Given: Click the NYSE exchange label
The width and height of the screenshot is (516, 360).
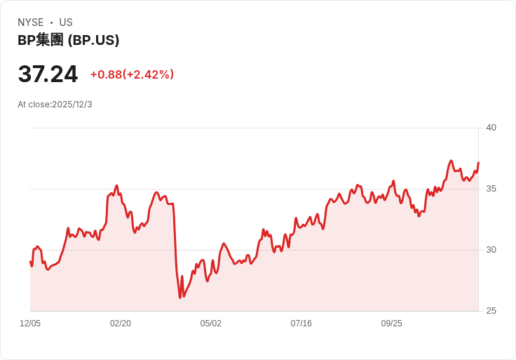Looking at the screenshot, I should [x=31, y=22].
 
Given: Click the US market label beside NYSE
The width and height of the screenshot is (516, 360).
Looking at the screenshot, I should [x=66, y=22].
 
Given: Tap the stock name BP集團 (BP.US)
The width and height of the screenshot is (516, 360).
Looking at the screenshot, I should [x=68, y=40].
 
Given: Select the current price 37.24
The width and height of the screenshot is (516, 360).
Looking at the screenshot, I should [x=48, y=74].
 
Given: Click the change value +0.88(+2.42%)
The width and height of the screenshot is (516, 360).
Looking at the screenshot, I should [x=132, y=74].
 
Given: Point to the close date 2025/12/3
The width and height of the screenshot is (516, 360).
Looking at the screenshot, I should [x=72, y=105].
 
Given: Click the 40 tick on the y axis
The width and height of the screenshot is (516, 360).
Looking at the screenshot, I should [x=491, y=128].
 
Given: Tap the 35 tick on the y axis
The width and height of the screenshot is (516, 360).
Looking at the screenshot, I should [x=491, y=189].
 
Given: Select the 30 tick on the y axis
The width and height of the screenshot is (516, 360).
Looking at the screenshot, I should [x=491, y=250].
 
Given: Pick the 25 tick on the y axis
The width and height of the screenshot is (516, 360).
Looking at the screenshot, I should [x=491, y=311].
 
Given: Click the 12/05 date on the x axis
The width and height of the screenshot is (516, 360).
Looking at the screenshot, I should [x=30, y=324].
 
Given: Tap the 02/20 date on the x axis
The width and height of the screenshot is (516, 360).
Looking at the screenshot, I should [x=121, y=324].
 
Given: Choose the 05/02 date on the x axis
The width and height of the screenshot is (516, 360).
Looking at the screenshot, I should [x=211, y=324].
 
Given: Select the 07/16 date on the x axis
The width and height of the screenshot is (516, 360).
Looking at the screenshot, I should [x=301, y=324].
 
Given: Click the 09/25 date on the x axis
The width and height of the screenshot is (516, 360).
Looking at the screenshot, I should [x=392, y=324].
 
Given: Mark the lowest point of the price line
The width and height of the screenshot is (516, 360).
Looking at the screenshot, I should [x=180, y=298].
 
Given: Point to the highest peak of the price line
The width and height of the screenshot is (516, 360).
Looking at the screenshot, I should [x=451, y=161].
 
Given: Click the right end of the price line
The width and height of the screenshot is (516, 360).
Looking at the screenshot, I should [x=478, y=163].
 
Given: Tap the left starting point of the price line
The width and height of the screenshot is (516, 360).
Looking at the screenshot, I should [x=30, y=262].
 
